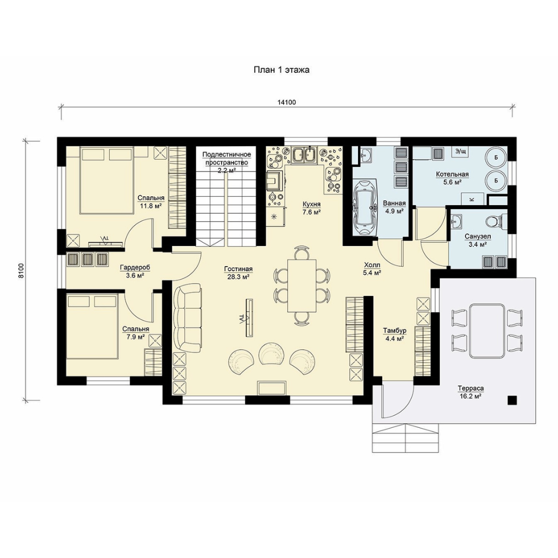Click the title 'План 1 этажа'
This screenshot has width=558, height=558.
pos(281,70)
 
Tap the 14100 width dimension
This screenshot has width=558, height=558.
pos(286,102)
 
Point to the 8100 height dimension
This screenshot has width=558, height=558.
pos(21,270)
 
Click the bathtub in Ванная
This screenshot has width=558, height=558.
pos(365,208)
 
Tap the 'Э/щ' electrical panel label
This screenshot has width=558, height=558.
pos(460,151)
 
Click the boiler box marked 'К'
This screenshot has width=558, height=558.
pos(472,199)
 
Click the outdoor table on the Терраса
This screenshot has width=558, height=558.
pos(487,331)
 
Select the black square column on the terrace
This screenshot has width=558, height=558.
pos(512,400)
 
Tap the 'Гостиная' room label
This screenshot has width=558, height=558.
pos(238,269)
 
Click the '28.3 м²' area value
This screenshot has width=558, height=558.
pos(238,276)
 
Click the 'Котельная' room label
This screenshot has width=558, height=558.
pos(452,175)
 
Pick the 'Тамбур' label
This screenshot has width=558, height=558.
pos(394,331)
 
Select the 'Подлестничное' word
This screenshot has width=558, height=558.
pos(227,154)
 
